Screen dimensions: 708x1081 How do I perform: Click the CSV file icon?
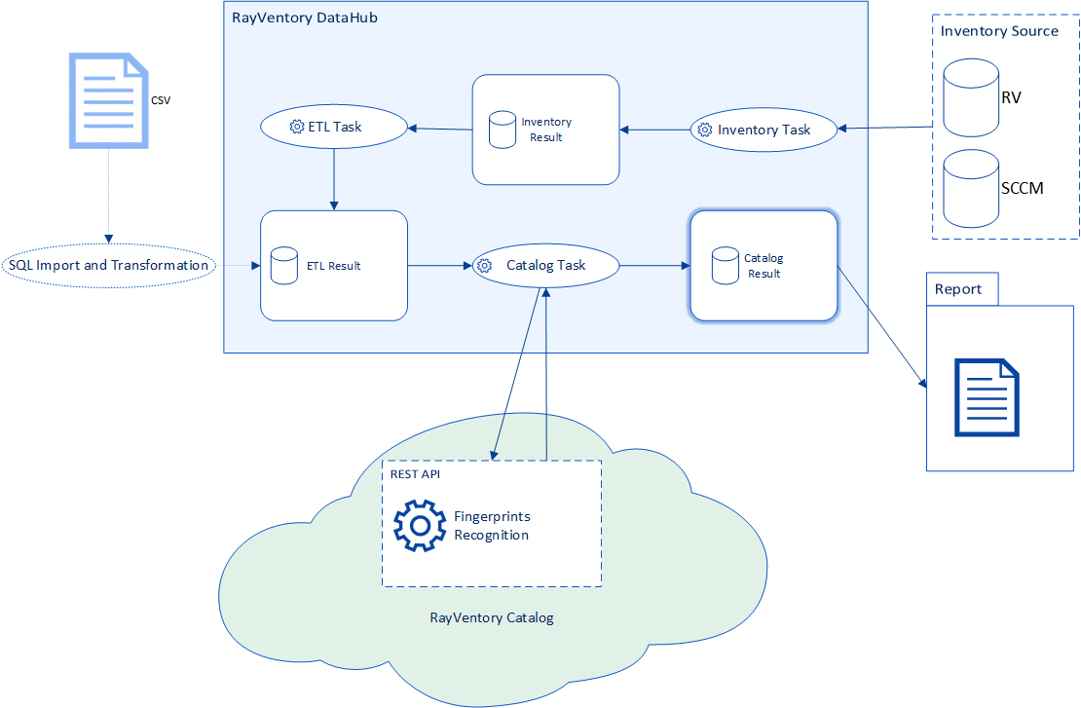point(107,101)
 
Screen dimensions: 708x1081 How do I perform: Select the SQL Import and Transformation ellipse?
point(108,265)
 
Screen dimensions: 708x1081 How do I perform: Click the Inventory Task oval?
point(764,130)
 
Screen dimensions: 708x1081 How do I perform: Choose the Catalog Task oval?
point(545,265)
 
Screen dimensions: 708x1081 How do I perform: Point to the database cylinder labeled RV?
point(971,96)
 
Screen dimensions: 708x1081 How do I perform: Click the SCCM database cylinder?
point(971,187)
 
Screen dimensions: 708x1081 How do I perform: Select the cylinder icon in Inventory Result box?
point(503,130)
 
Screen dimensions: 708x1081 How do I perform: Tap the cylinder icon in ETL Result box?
point(284,266)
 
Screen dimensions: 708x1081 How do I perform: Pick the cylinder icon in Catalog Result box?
point(725,266)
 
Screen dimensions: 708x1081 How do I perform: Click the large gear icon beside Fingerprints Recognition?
point(420,526)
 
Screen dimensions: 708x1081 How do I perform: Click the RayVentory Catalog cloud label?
point(492,617)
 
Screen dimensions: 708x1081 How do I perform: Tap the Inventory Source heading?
point(999,31)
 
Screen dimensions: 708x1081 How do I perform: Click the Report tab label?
point(958,289)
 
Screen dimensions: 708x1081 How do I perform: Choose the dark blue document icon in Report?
point(987,397)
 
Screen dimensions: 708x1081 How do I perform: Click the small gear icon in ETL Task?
point(297,127)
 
